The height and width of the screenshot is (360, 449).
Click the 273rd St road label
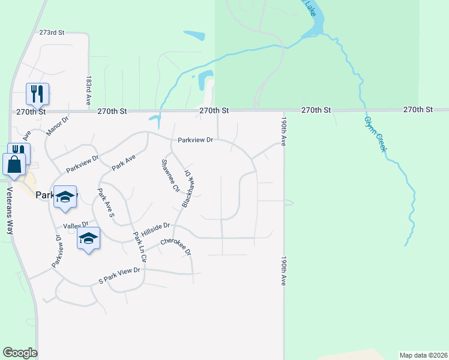click(52, 32)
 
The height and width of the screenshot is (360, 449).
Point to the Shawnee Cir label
click(169, 175)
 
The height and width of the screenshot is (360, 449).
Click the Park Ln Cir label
click(140, 246)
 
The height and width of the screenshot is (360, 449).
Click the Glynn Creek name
click(374, 133)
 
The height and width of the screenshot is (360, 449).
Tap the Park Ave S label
click(106, 202)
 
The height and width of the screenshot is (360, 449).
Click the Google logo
click(20, 353)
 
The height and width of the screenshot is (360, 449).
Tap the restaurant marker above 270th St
click(37, 94)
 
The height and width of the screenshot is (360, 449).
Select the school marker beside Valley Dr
click(88, 238)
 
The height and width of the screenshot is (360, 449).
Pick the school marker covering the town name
click(65, 197)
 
